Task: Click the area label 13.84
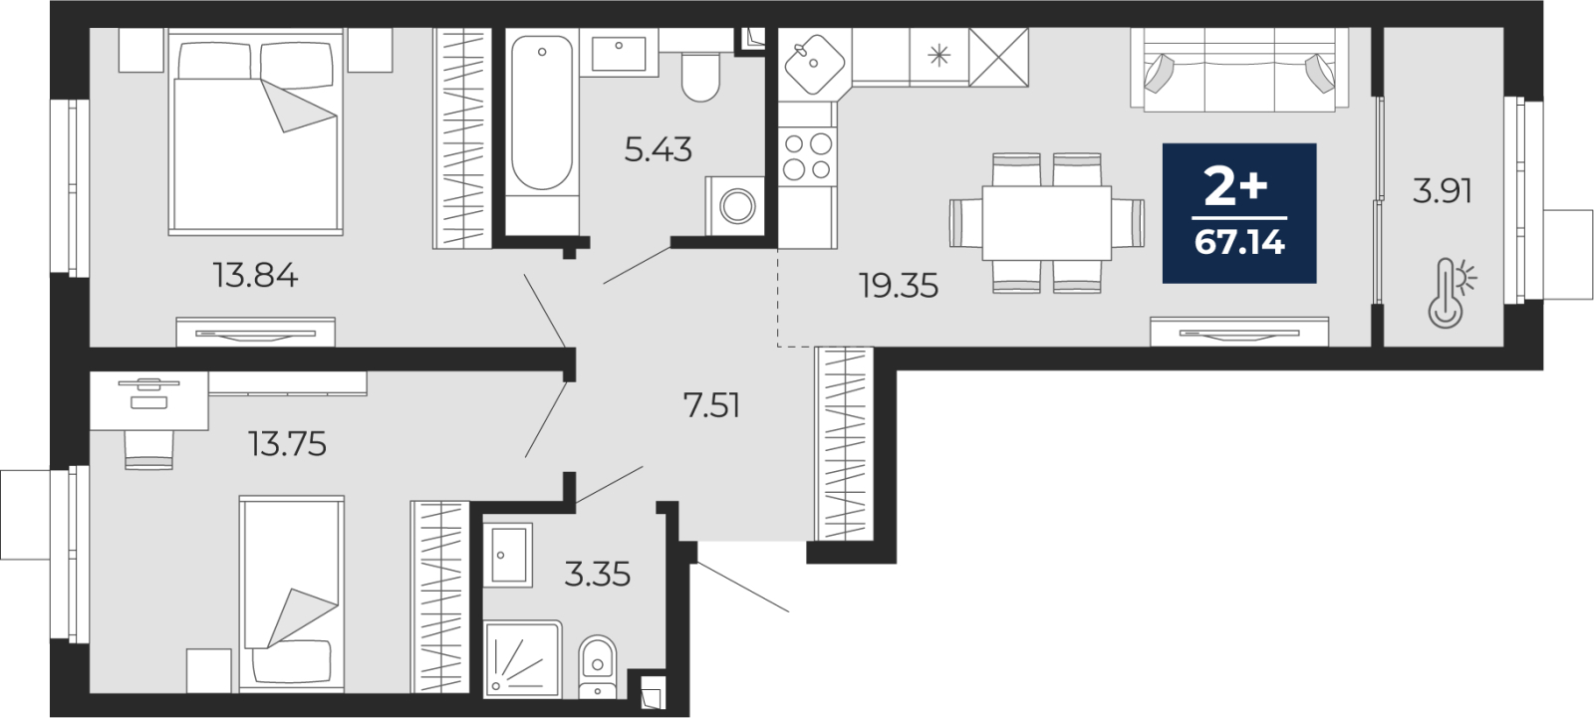(255, 276)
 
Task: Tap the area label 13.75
(287, 444)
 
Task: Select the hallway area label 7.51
(711, 405)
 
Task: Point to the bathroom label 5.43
(659, 150)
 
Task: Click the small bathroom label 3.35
(597, 575)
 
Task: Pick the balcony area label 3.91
(1443, 191)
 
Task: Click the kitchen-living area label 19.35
(899, 286)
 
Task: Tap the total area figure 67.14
(1239, 243)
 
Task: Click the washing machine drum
(737, 206)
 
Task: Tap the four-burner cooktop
(807, 156)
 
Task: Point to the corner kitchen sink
(814, 64)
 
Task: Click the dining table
(1047, 223)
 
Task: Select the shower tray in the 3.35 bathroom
(522, 659)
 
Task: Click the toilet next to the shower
(597, 667)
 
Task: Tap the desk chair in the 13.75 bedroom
(148, 450)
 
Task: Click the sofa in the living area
(1239, 70)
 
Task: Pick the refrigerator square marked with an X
(998, 57)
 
